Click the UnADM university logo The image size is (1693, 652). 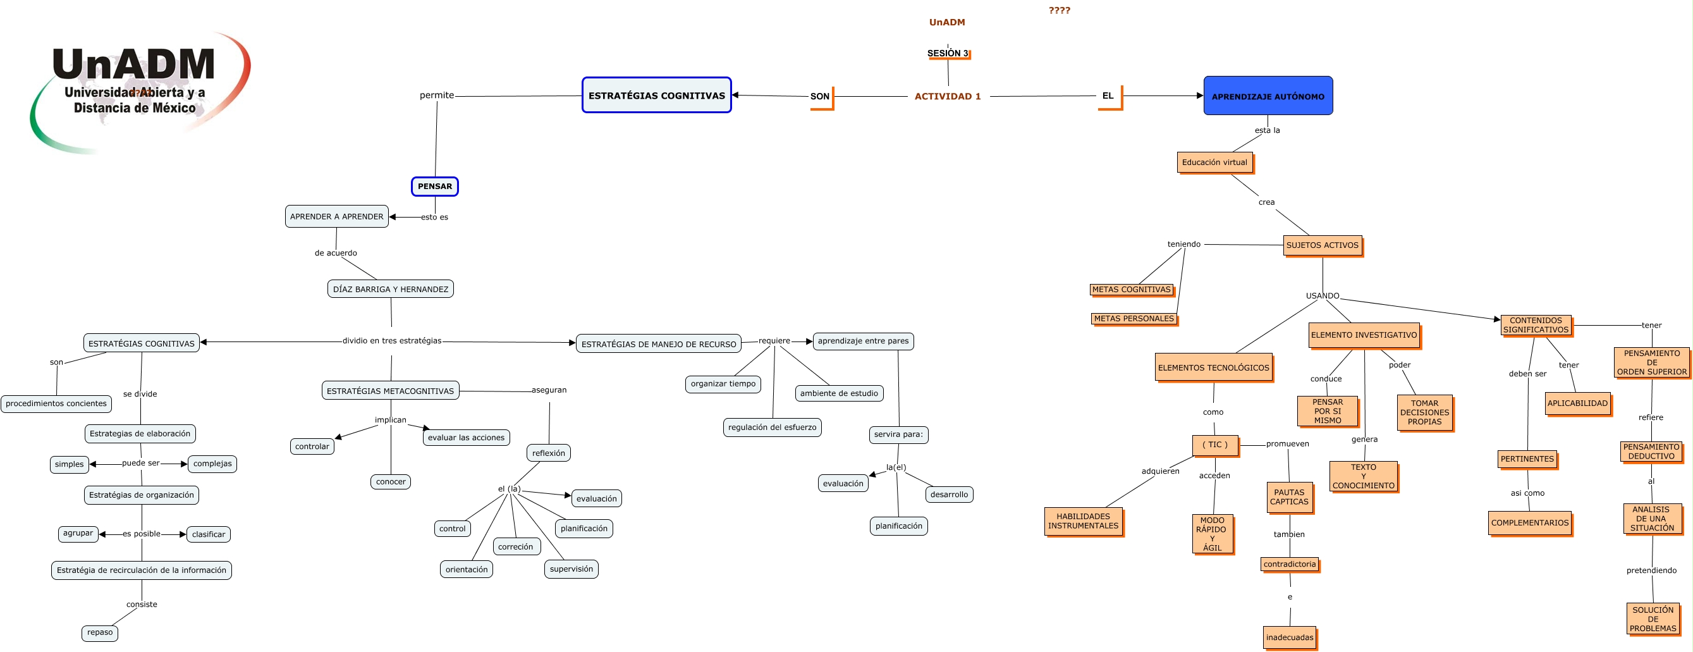pos(138,89)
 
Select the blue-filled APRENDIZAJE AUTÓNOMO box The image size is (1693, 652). pos(1268,96)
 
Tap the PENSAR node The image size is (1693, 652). pos(434,187)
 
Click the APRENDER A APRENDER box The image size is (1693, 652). pos(336,216)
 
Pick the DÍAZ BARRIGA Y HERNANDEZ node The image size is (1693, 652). pos(391,288)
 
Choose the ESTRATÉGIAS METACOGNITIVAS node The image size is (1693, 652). pos(391,390)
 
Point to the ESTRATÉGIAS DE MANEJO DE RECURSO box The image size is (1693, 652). pos(659,344)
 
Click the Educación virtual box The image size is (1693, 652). pos(1214,163)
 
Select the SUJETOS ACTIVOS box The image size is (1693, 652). pos(1322,245)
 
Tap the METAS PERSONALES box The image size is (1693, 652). pos(1134,319)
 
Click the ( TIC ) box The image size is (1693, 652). pos(1214,445)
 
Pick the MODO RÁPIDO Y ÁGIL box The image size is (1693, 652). pos(1212,534)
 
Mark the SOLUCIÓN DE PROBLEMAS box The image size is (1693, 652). pos(1653,618)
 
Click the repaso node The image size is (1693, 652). pos(100,632)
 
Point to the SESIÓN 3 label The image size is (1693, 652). pos(947,53)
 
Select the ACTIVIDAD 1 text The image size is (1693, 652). pos(947,96)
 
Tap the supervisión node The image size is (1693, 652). pos(571,569)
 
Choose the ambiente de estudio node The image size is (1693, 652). pos(839,393)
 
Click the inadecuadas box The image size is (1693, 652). pos(1290,637)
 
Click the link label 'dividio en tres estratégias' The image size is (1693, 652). pos(392,340)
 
